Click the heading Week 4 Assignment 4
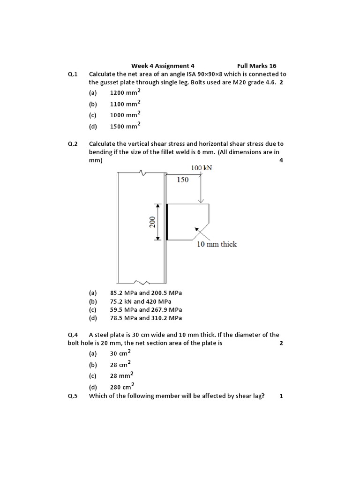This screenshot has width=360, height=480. click(x=162, y=66)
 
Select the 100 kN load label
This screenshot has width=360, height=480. click(x=202, y=168)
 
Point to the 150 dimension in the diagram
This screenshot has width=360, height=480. click(x=183, y=180)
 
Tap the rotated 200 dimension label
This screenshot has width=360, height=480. click(x=152, y=222)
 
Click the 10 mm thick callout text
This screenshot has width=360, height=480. click(x=217, y=244)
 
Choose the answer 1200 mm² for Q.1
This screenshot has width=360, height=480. click(x=125, y=93)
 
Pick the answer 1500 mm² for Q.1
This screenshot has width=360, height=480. click(x=125, y=126)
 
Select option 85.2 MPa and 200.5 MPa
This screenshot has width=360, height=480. click(x=146, y=293)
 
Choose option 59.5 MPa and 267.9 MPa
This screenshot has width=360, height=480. click(x=146, y=310)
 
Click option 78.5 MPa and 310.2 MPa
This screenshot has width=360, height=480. click(x=146, y=318)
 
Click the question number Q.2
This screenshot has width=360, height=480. click(x=73, y=144)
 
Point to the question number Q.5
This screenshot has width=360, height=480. click(x=73, y=396)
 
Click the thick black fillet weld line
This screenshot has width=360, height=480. click(x=166, y=222)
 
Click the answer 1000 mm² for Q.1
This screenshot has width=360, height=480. click(x=125, y=115)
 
